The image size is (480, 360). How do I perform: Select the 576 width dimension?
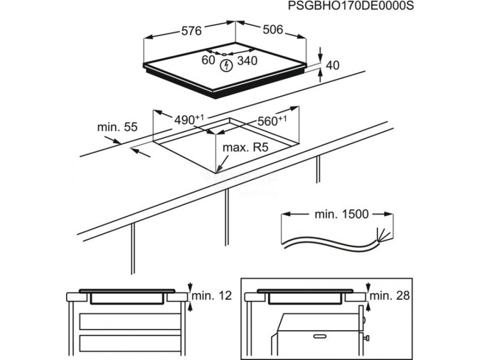191,31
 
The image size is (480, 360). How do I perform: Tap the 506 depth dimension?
273,30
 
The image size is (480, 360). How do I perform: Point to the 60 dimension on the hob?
208,60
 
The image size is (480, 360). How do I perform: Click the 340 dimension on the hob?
247,60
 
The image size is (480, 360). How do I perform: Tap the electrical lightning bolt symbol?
227,65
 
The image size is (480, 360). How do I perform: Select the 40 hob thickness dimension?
332,66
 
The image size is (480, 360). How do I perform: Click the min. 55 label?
117,127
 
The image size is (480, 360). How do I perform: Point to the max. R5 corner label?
245,148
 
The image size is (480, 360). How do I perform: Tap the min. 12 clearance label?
212,296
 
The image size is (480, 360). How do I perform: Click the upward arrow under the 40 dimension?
321,75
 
